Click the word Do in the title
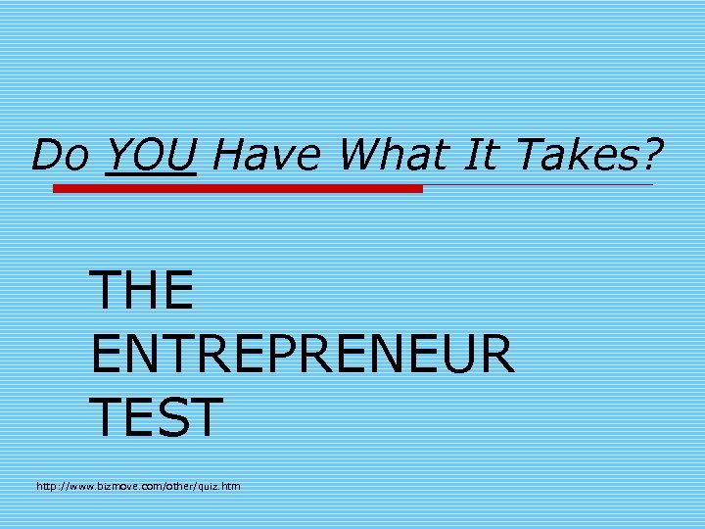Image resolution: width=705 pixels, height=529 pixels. click(61, 154)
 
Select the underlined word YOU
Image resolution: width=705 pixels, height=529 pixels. click(151, 154)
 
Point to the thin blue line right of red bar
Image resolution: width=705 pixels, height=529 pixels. click(538, 185)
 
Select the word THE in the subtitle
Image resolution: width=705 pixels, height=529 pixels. click(141, 290)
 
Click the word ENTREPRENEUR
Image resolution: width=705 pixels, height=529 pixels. click(302, 354)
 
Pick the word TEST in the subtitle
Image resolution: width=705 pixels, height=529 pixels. click(156, 416)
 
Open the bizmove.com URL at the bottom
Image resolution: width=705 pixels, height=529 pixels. click(138, 486)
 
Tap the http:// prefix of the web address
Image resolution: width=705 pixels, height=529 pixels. click(51, 486)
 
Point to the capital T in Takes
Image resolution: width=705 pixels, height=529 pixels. click(529, 154)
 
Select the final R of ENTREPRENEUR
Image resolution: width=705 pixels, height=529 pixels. click(494, 354)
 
